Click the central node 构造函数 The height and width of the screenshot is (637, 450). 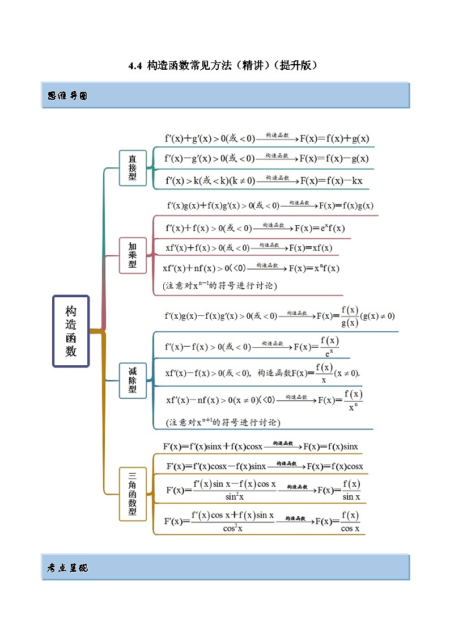pyautogui.click(x=71, y=331)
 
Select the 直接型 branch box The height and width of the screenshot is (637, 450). pyautogui.click(x=133, y=168)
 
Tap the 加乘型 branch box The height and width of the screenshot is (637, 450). pyautogui.click(x=133, y=255)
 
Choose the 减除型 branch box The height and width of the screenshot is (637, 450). pyautogui.click(x=133, y=380)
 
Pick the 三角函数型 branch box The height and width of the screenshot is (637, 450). pyautogui.click(x=133, y=494)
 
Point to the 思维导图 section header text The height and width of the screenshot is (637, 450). pyautogui.click(x=67, y=96)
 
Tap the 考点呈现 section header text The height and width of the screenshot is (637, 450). pyautogui.click(x=67, y=568)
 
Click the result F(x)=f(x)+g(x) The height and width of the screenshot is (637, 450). pyautogui.click(x=334, y=138)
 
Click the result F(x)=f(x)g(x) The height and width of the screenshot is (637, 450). pyautogui.click(x=346, y=205)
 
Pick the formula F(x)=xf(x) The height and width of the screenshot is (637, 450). pyautogui.click(x=311, y=248)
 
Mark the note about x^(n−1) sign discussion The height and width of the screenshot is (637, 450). pyautogui.click(x=220, y=285)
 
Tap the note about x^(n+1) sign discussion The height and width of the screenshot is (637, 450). pyautogui.click(x=222, y=422)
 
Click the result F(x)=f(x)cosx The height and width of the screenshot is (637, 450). pyautogui.click(x=335, y=466)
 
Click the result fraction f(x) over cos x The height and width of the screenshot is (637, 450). pyautogui.click(x=350, y=522)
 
